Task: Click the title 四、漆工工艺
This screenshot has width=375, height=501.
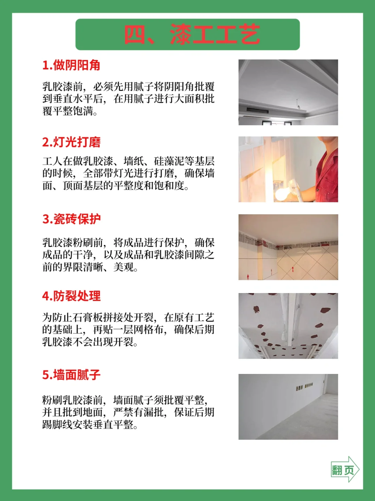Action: click(x=192, y=34)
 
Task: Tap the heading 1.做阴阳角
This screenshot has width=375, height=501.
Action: click(x=72, y=65)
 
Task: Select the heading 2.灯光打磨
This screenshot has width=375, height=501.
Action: click(x=72, y=142)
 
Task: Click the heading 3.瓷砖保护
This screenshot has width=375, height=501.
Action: click(x=72, y=219)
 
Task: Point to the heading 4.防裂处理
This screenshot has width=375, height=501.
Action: click(x=72, y=296)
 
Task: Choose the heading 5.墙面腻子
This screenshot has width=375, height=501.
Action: click(x=72, y=375)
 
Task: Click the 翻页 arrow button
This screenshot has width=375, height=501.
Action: click(x=345, y=469)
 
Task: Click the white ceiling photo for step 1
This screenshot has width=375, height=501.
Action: click(x=288, y=92)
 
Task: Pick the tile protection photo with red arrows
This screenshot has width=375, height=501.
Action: click(x=288, y=247)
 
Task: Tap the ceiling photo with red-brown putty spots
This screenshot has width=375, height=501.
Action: click(x=288, y=326)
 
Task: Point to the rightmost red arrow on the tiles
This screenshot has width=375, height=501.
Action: click(x=293, y=269)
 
